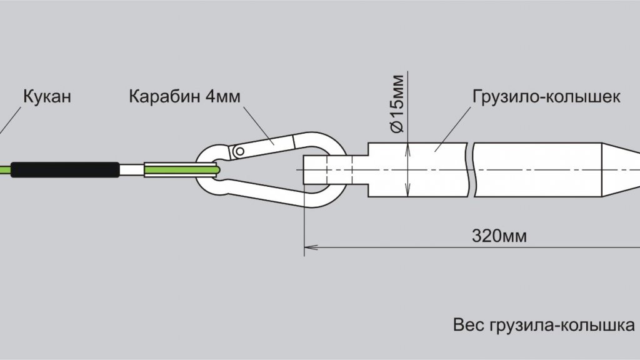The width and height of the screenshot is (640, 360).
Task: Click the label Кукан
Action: (x=47, y=96)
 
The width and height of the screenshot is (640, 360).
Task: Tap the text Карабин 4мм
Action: (x=184, y=96)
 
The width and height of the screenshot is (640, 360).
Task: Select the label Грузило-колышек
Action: (x=546, y=97)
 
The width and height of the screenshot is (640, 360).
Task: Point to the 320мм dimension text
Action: (x=499, y=236)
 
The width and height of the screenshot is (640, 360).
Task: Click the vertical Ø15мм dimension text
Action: (x=397, y=104)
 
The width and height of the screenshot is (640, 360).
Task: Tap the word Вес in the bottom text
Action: (x=469, y=325)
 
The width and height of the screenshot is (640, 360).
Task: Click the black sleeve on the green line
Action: (x=65, y=170)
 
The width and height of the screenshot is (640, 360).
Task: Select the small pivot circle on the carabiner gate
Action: (x=240, y=151)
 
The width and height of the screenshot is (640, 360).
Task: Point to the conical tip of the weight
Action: (x=621, y=170)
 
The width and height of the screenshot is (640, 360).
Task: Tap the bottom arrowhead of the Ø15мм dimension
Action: (x=407, y=190)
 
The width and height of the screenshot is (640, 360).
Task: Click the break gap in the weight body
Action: (x=470, y=170)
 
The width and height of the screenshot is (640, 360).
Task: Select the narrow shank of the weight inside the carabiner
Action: (x=336, y=169)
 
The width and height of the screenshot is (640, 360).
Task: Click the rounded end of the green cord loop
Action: (x=217, y=169)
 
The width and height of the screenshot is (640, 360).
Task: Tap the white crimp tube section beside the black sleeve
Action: (x=132, y=170)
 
